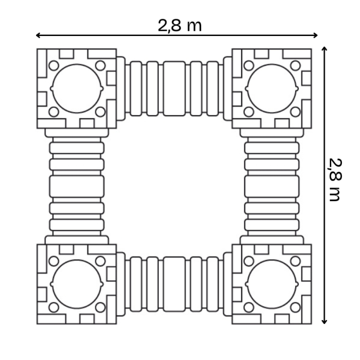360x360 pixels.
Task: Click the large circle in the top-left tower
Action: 77,88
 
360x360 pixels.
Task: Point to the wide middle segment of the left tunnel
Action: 77,186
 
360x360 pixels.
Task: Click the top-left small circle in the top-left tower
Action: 53,65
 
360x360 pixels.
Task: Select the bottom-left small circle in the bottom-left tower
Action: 53,308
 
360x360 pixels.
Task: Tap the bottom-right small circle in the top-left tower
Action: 101,112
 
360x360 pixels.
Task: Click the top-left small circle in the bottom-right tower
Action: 248,261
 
